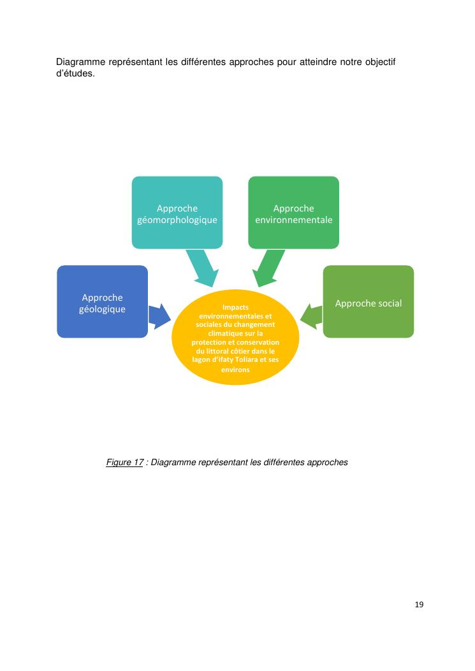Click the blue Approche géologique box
tap(102, 301)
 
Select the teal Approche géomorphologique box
tap(177, 212)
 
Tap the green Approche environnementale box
tap(293, 212)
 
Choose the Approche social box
tap(369, 301)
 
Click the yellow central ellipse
tap(235, 338)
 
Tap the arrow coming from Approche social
tap(311, 315)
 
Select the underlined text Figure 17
tap(124, 463)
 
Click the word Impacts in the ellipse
tap(235, 307)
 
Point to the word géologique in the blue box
tap(102, 309)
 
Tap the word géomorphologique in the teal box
tap(177, 220)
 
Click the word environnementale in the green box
tap(293, 220)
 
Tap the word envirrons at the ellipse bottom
tap(235, 370)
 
